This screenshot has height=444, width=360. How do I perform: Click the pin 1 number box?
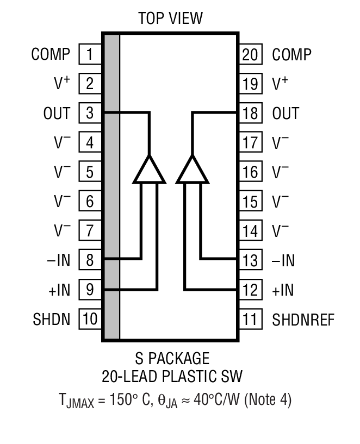pos(90,54)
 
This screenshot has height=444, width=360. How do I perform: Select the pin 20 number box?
pos(250,54)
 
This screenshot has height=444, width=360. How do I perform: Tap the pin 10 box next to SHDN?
pos(90,318)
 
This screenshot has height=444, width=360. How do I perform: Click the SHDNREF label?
pos(303,319)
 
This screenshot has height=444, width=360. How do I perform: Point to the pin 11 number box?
pos(250,318)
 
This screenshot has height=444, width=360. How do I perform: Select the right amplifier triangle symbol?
pos(192,170)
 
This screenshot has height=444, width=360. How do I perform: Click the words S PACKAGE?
pos(172,359)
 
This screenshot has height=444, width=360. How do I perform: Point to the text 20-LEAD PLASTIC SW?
pos(172,376)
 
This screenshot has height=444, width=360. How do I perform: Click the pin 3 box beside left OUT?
pos(90,113)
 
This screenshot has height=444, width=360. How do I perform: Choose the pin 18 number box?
pos(250,113)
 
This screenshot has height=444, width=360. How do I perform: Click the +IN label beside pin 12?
pos(283,290)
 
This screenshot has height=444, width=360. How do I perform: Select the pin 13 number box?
pos(250,260)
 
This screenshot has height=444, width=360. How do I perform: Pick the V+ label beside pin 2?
pos(62,84)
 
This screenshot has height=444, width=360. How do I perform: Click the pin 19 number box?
pos(250,84)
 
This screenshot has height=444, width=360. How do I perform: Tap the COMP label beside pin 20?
pos(291,54)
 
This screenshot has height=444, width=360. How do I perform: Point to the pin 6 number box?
pos(90,202)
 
